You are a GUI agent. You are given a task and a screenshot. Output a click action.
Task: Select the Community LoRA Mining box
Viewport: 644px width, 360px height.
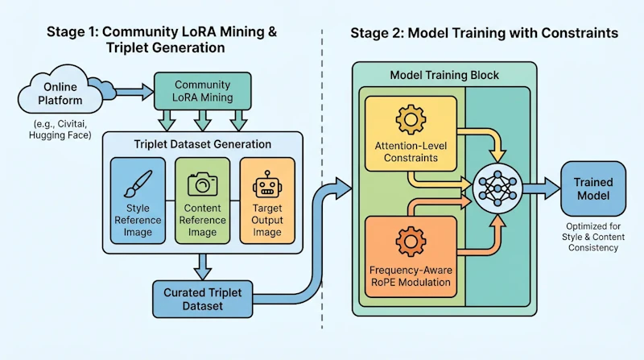[x=203, y=91]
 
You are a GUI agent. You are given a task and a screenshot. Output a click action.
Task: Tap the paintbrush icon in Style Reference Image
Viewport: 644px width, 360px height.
[x=138, y=184]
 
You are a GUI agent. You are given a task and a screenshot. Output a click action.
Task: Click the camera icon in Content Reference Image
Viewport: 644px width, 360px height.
[x=203, y=184]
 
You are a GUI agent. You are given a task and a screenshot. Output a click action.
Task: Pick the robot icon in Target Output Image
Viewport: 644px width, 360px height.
[x=267, y=184]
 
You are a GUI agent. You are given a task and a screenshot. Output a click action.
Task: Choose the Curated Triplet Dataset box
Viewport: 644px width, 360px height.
[x=203, y=299]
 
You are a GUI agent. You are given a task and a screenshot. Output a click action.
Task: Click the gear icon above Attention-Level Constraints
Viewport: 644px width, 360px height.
[x=411, y=119]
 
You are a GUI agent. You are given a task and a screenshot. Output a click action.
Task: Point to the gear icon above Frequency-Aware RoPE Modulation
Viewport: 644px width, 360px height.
[x=411, y=242]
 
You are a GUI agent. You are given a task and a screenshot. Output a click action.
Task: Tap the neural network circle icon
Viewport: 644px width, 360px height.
[x=497, y=188]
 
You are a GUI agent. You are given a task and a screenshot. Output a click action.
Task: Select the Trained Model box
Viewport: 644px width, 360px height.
[x=593, y=188]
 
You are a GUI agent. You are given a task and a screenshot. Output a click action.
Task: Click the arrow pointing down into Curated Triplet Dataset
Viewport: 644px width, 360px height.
[x=203, y=267]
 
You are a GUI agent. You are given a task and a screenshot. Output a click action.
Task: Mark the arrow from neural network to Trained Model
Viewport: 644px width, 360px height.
[x=541, y=188]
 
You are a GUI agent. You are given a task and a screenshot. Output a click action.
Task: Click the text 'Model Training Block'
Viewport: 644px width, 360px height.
[x=444, y=75]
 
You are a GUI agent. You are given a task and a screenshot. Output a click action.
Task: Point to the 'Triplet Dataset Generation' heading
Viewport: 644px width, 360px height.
[x=203, y=144]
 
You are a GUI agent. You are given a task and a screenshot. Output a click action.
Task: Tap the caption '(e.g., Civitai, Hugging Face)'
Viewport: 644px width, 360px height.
[x=60, y=130]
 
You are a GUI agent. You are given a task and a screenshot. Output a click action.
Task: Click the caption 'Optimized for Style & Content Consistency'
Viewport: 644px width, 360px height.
[x=593, y=237]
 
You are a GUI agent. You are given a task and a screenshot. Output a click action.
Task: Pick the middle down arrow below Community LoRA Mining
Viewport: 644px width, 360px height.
[x=203, y=121]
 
